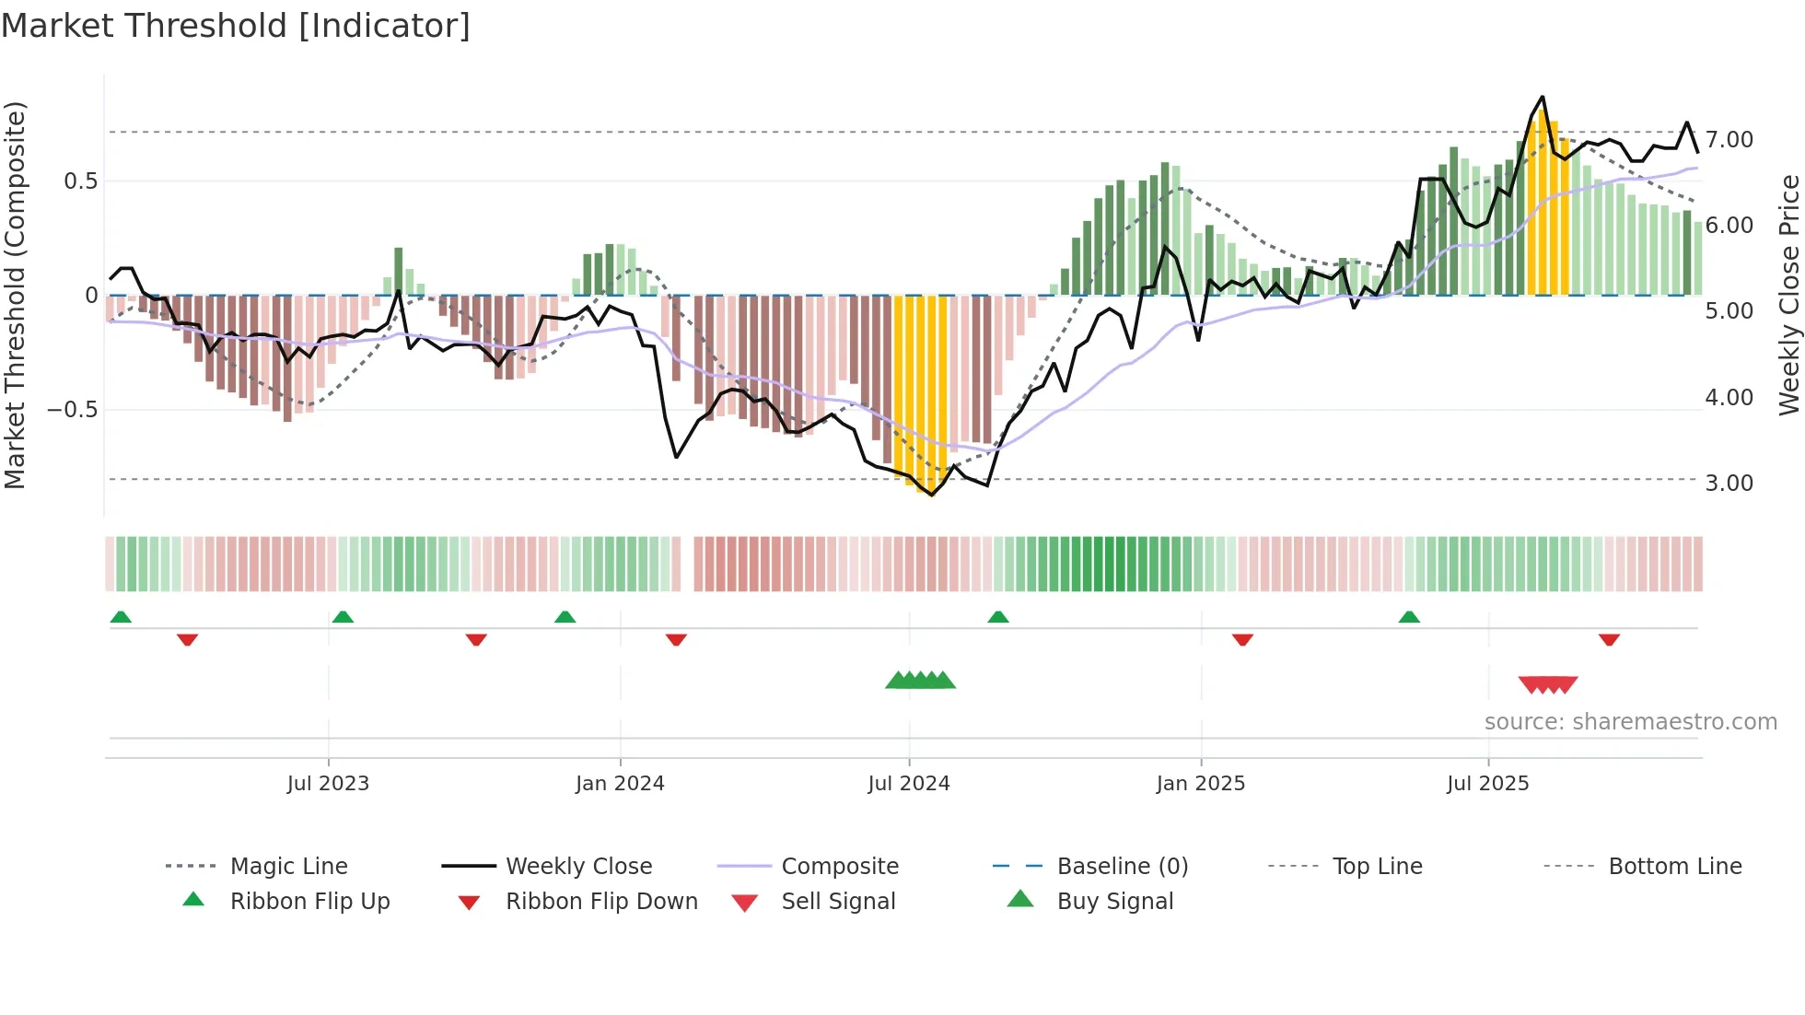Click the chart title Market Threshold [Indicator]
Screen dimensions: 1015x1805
pos(236,26)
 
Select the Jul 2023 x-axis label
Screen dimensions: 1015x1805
pos(328,784)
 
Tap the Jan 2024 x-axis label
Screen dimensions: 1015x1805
pos(620,784)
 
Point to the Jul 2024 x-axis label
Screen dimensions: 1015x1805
pos(908,784)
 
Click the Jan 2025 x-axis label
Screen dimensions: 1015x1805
pos(1201,784)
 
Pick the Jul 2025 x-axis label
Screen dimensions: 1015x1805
pos(1487,784)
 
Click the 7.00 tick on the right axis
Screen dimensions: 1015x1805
pos(1729,140)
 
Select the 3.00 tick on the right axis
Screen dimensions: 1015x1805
pos(1729,484)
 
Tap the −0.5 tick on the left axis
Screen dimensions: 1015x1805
pos(72,410)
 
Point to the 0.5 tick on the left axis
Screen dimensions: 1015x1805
pos(80,181)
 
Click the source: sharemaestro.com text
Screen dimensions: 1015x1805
pos(1630,722)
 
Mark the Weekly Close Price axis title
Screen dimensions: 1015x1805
pos(1788,295)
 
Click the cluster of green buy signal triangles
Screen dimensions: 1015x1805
pos(920,681)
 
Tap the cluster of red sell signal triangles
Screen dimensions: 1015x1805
pos(1548,684)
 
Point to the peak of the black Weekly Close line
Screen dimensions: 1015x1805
pos(1543,97)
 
